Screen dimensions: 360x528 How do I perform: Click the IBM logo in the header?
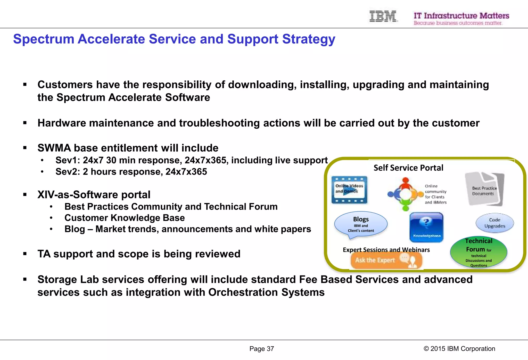click(383, 16)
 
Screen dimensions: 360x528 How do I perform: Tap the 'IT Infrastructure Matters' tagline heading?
click(461, 16)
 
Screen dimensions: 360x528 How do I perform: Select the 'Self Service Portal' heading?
click(408, 168)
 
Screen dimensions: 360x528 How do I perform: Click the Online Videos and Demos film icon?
click(349, 190)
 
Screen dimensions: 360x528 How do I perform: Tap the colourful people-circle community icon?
click(406, 194)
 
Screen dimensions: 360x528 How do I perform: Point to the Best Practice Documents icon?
click(484, 189)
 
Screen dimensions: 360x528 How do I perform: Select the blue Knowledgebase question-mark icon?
click(426, 227)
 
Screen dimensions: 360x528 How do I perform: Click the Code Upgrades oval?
click(494, 223)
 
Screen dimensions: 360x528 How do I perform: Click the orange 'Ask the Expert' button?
click(386, 260)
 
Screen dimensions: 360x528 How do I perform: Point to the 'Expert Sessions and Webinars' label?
click(386, 250)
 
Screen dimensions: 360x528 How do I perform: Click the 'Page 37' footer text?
click(261, 349)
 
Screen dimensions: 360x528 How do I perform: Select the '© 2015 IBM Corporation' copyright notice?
click(459, 349)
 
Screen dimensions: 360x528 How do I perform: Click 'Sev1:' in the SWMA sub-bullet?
click(68, 160)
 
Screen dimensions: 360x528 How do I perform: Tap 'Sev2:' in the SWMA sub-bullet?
click(68, 172)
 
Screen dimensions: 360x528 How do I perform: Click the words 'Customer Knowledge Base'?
click(125, 218)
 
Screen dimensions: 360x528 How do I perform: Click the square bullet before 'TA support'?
click(25, 254)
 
